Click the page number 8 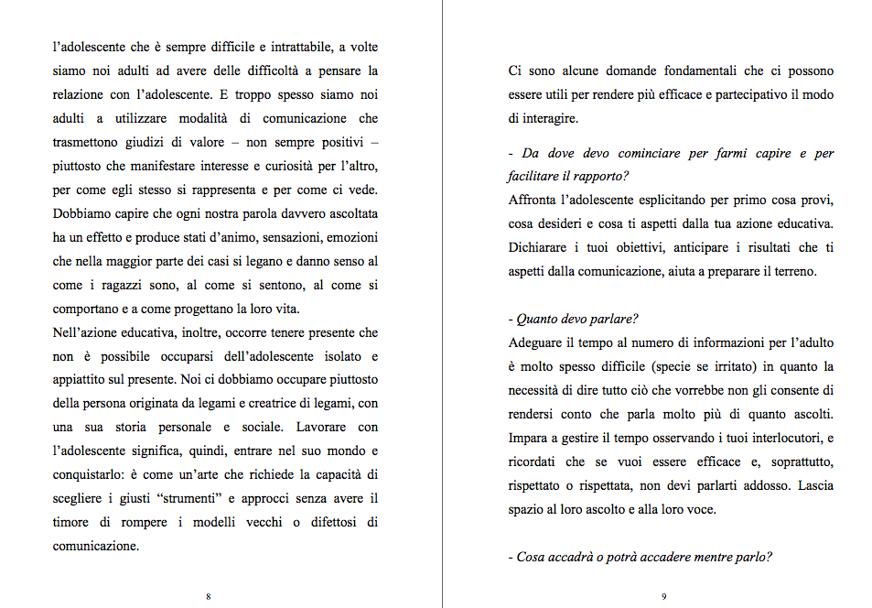209,596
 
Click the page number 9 663,596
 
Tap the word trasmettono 90,142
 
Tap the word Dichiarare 544,248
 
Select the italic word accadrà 573,556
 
